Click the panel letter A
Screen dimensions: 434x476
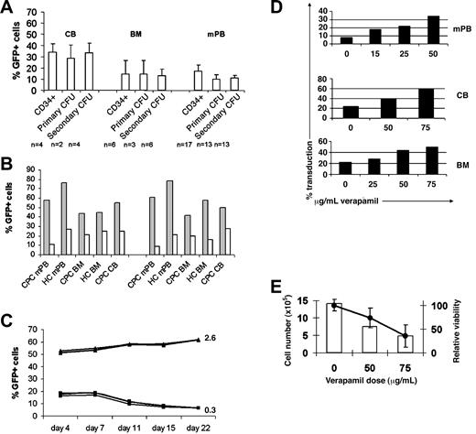[x=7, y=8]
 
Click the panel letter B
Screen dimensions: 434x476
[x=7, y=165]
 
